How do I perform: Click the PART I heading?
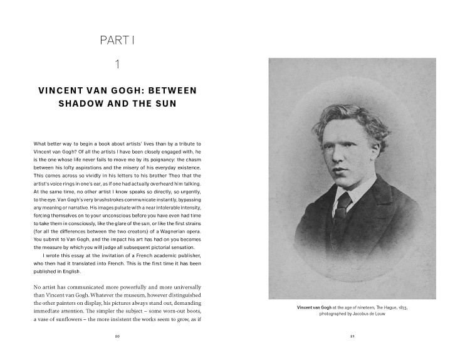(x=117, y=41)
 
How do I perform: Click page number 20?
(x=117, y=337)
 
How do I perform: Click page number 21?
(x=352, y=337)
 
